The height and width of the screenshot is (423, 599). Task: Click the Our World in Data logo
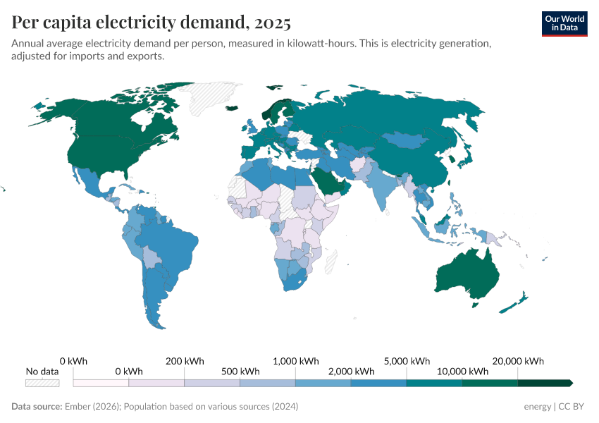pos(564,23)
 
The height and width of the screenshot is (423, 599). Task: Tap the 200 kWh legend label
pos(184,361)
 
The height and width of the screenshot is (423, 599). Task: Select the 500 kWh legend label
pos(240,372)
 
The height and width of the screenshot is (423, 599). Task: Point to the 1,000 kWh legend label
pos(295,361)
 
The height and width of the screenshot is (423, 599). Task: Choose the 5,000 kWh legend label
pos(407,361)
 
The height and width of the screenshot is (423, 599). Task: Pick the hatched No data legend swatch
pos(42,383)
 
